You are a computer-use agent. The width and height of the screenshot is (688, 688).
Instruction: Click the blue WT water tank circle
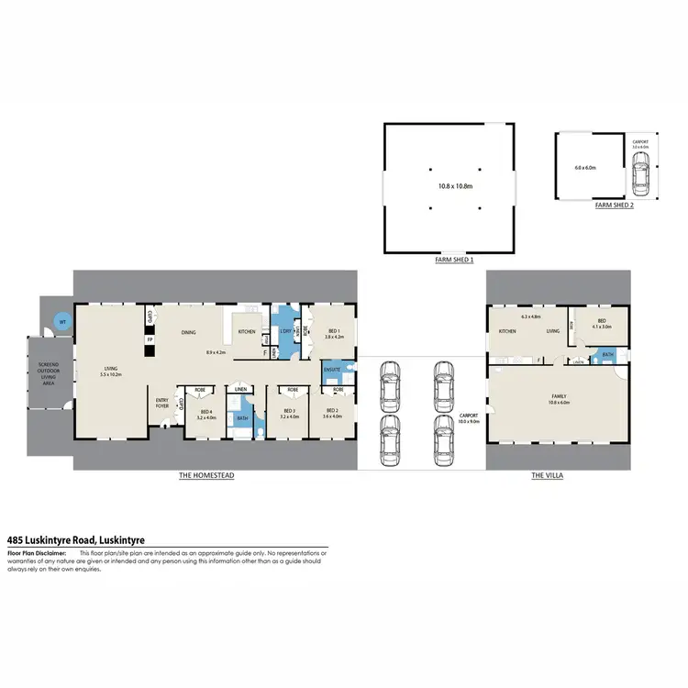(62, 322)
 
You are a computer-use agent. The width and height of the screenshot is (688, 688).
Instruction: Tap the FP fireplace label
(150, 339)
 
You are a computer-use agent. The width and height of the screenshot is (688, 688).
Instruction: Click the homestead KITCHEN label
(247, 331)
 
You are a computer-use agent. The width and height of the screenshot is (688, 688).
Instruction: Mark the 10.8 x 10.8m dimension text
(449, 186)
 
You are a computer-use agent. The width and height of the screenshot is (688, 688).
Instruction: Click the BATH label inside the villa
(607, 355)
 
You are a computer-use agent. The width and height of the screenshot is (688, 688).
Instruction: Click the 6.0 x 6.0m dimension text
(585, 168)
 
